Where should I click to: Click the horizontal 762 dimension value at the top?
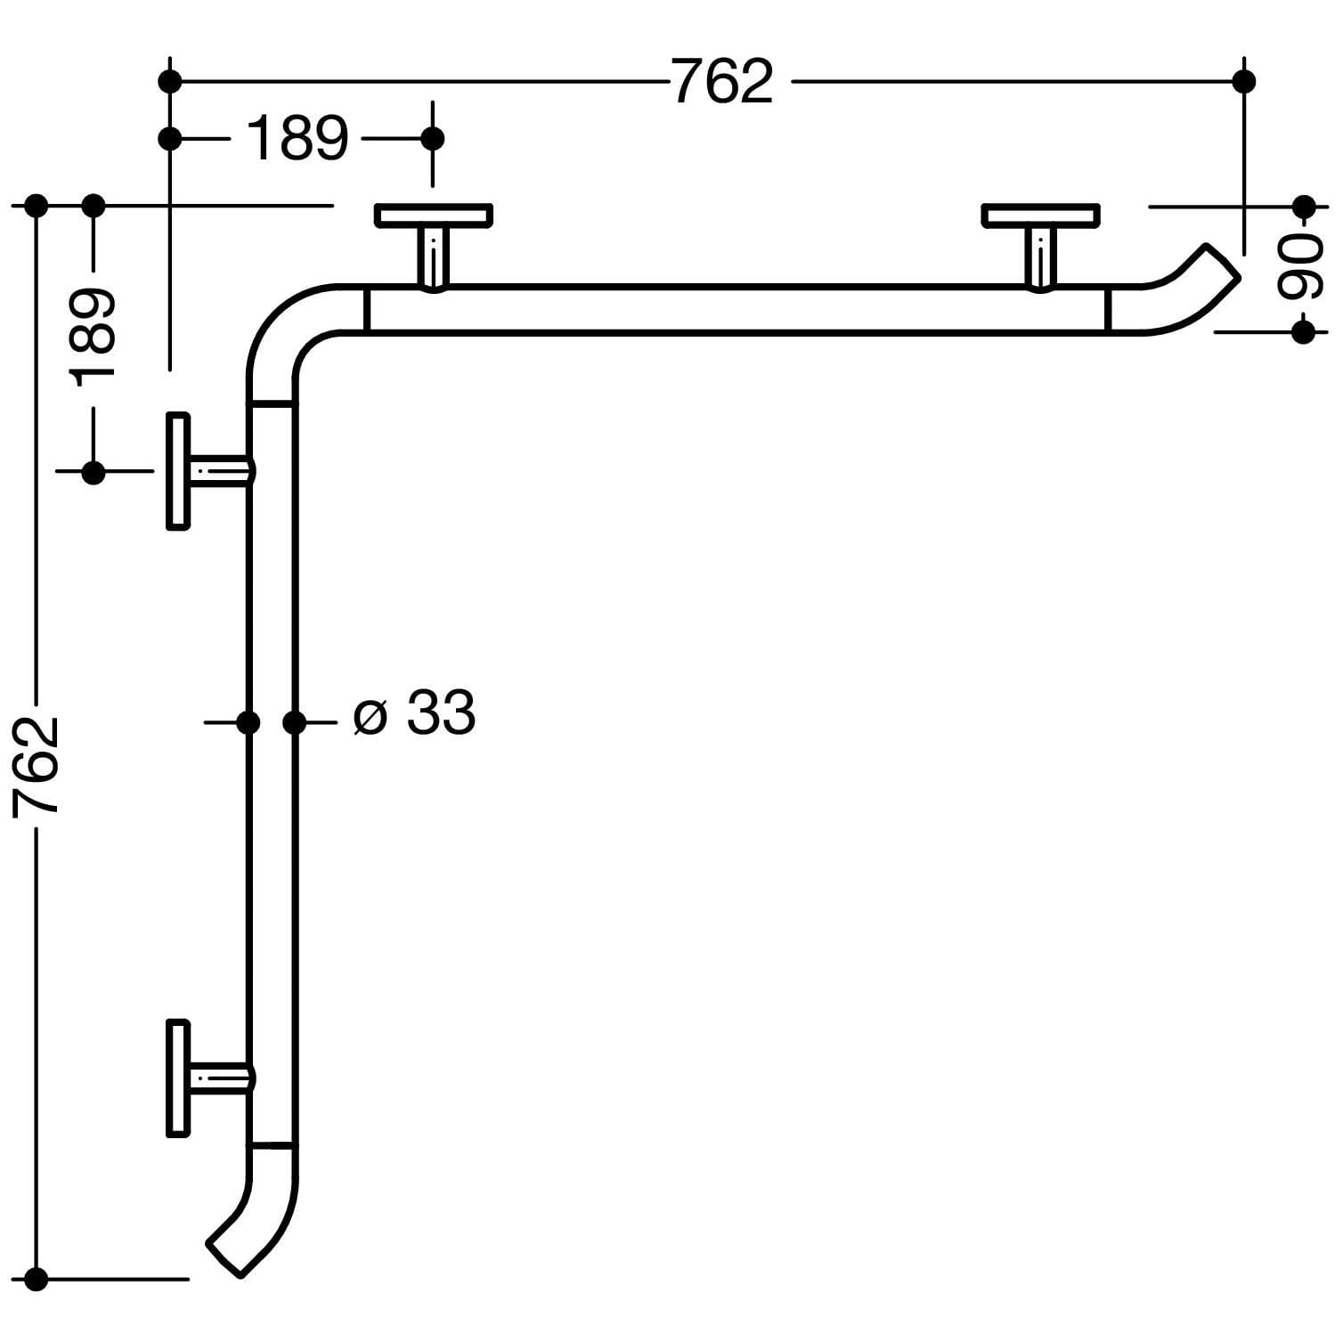(x=722, y=82)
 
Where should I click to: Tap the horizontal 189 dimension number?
(x=297, y=140)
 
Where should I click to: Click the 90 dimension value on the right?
(x=1301, y=269)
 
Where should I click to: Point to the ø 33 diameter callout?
(x=414, y=714)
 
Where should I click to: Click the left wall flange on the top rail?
(x=433, y=216)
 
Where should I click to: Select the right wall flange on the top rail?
(x=1040, y=216)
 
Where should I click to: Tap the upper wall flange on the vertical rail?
(x=178, y=471)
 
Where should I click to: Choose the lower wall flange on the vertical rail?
(x=178, y=1078)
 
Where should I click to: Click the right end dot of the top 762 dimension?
(x=1244, y=82)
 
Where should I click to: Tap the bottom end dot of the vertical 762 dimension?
(x=36, y=1280)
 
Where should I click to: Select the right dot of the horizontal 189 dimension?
(x=433, y=139)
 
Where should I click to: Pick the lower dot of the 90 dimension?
(x=1303, y=332)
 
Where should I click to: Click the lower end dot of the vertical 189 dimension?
(x=93, y=472)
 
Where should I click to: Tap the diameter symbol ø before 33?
(x=370, y=715)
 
